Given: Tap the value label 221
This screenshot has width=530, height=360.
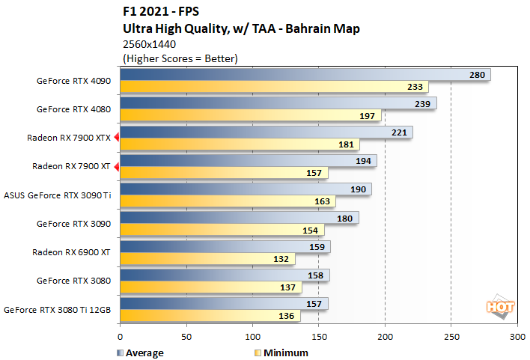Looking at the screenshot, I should [399, 132].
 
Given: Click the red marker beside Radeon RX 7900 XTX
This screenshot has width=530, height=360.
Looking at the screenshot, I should [117, 138].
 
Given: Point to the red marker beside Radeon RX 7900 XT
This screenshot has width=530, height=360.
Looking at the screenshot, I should [117, 166].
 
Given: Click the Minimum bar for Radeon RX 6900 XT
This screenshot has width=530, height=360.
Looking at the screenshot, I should [206, 259].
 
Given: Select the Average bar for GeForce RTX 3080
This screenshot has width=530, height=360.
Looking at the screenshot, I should [223, 275].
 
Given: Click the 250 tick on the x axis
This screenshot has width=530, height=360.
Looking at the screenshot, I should [451, 337].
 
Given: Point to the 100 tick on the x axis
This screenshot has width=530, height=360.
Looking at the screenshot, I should [252, 337].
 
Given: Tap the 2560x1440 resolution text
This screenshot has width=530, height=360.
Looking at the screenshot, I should [148, 44].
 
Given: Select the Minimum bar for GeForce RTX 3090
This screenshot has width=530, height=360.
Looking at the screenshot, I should [221, 230].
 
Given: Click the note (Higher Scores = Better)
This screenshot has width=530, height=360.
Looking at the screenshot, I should [180, 58].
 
